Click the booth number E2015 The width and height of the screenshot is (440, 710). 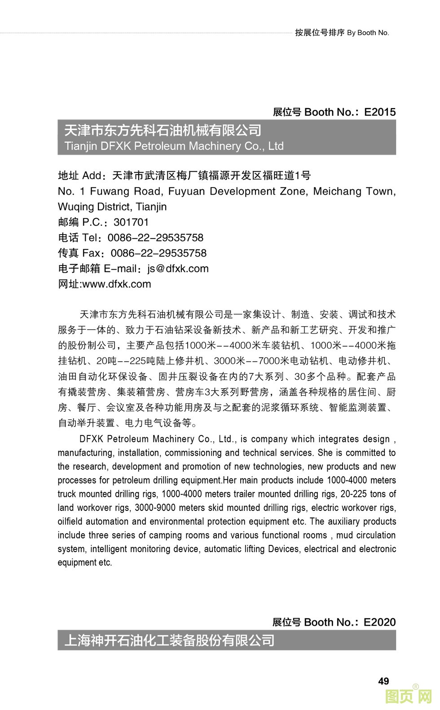pyautogui.click(x=380, y=112)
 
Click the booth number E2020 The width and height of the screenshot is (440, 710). pyautogui.click(x=379, y=622)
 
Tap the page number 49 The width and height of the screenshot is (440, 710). pyautogui.click(x=383, y=681)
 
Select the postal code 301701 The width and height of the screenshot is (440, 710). pyautogui.click(x=131, y=222)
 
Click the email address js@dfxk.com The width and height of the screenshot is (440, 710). pyautogui.click(x=178, y=269)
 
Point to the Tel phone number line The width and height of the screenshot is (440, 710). pyautogui.click(x=155, y=238)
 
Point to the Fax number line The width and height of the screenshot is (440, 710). pyautogui.click(x=158, y=253)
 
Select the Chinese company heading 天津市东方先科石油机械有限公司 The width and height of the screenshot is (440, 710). pyautogui.click(x=163, y=131)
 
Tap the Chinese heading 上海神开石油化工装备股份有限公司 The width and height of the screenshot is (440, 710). pyautogui.click(x=170, y=640)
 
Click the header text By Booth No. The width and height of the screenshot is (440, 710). pyautogui.click(x=368, y=33)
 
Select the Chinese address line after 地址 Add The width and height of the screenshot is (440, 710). pyautogui.click(x=211, y=175)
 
